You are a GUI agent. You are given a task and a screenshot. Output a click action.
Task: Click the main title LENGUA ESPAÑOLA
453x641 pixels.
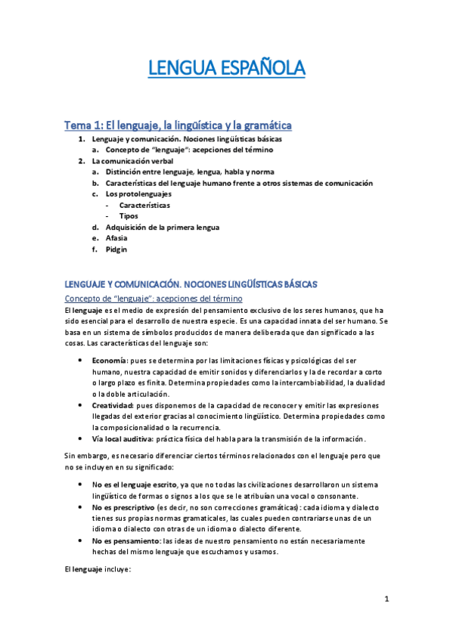226,70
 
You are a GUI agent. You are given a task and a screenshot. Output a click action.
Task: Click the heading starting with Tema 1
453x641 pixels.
178,125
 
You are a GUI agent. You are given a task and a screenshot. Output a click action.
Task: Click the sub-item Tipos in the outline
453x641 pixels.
128,215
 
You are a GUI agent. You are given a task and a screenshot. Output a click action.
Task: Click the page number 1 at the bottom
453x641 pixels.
386,599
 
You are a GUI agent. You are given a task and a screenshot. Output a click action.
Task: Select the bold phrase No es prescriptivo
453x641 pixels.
124,506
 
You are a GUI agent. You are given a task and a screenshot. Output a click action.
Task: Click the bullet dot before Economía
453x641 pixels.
80,361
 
